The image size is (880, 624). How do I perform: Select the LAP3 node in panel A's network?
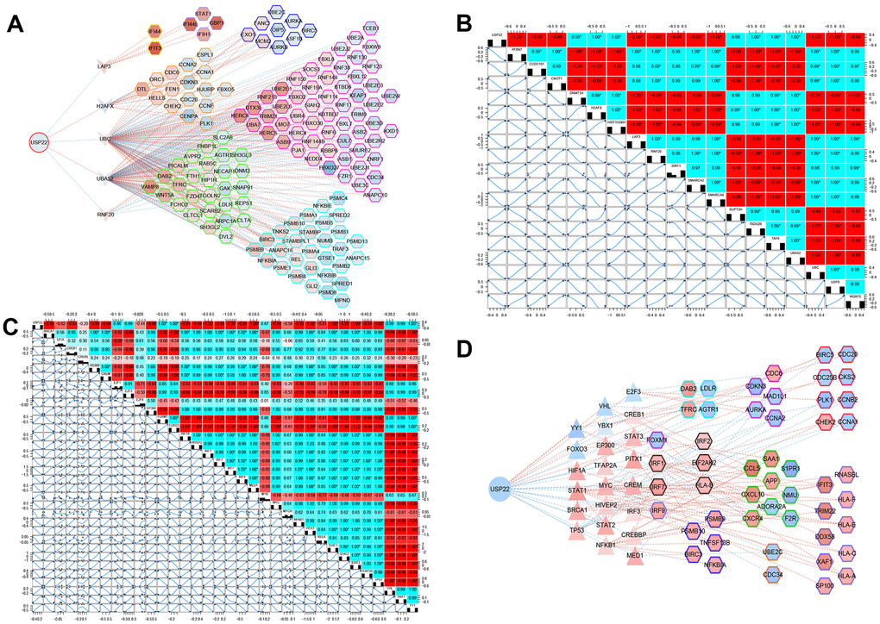click(105, 66)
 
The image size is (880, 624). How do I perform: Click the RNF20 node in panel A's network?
click(105, 215)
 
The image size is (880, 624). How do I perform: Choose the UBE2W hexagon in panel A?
click(391, 96)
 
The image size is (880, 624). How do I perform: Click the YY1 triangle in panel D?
click(576, 427)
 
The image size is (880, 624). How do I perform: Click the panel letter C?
click(11, 325)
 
